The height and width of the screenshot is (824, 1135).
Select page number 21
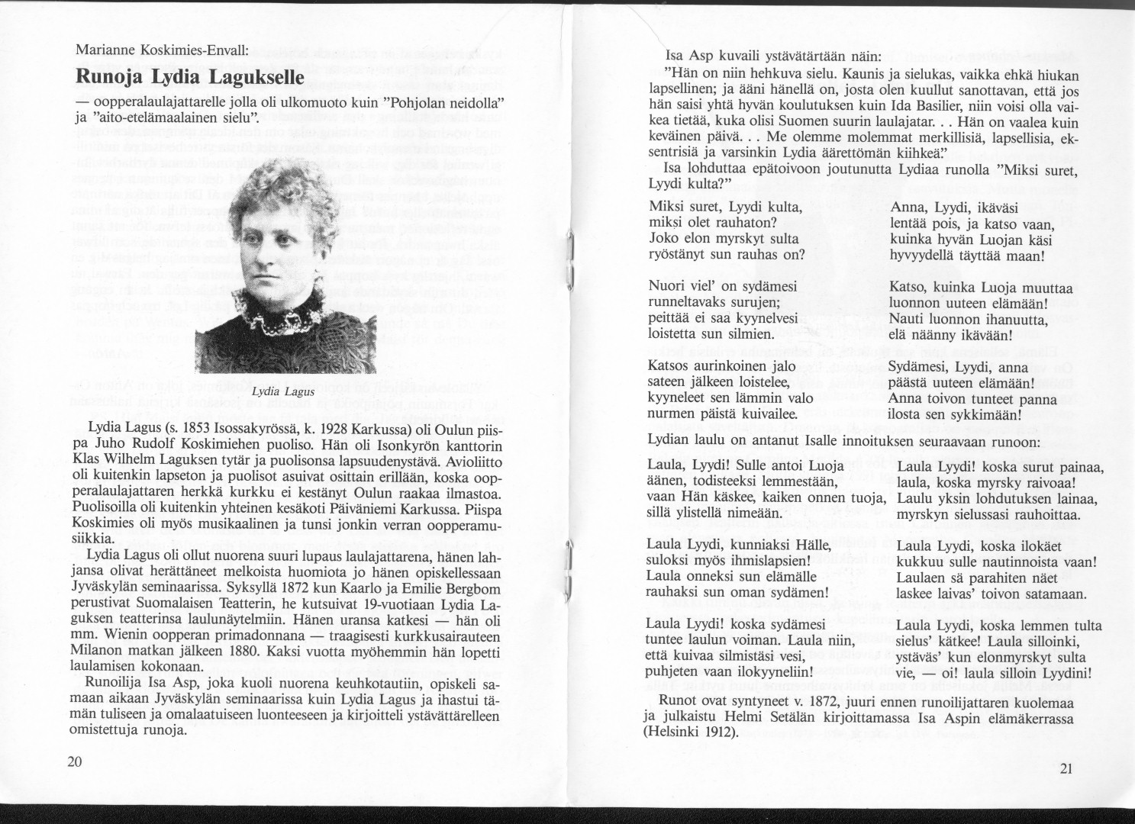(1066, 768)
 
